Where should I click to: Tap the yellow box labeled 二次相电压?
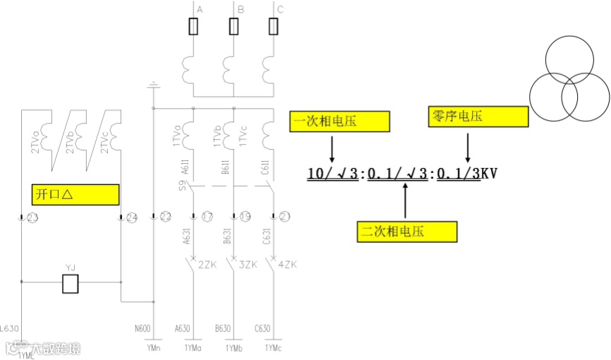coord(407,232)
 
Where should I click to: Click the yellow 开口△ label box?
coord(75,194)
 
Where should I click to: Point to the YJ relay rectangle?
coord(71,283)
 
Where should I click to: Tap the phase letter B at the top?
coord(241,9)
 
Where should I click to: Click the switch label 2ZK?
coord(207,265)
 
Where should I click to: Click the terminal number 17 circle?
coord(207,217)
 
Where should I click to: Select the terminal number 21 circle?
coord(286,217)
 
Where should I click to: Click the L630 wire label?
coord(10,328)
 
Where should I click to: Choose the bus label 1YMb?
coord(234,349)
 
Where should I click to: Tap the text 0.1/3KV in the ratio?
coord(467,172)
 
